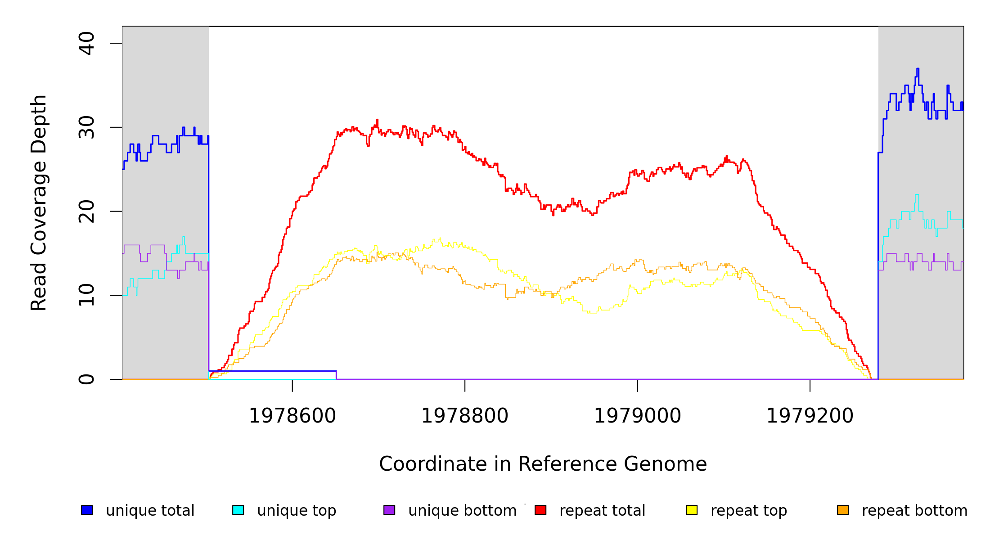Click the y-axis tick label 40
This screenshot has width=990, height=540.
click(x=86, y=43)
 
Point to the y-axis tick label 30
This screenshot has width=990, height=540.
click(x=86, y=127)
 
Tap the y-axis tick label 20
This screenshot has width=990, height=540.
click(x=86, y=211)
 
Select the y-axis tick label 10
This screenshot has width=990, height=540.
click(x=86, y=295)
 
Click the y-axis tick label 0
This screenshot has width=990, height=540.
click(x=86, y=379)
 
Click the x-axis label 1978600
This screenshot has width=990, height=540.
click(x=292, y=416)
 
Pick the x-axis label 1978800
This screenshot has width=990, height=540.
click(x=464, y=416)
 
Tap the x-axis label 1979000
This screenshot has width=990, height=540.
click(x=637, y=416)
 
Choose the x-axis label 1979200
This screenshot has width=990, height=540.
click(x=810, y=416)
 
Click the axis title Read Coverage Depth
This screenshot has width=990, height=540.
click(x=39, y=202)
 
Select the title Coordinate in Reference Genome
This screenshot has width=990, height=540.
click(x=543, y=464)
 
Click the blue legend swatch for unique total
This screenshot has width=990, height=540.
click(x=87, y=510)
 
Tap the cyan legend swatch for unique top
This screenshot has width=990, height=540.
click(x=238, y=510)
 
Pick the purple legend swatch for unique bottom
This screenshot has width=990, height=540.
click(x=389, y=510)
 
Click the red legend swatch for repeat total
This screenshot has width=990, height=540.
click(x=540, y=510)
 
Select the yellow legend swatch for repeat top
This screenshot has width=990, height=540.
click(x=692, y=510)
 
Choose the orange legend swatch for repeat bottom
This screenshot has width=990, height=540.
click(x=843, y=510)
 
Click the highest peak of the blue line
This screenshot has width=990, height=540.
click(x=918, y=69)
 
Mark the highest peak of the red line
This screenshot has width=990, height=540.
click(x=377, y=120)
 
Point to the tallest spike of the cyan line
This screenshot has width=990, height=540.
click(x=917, y=195)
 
